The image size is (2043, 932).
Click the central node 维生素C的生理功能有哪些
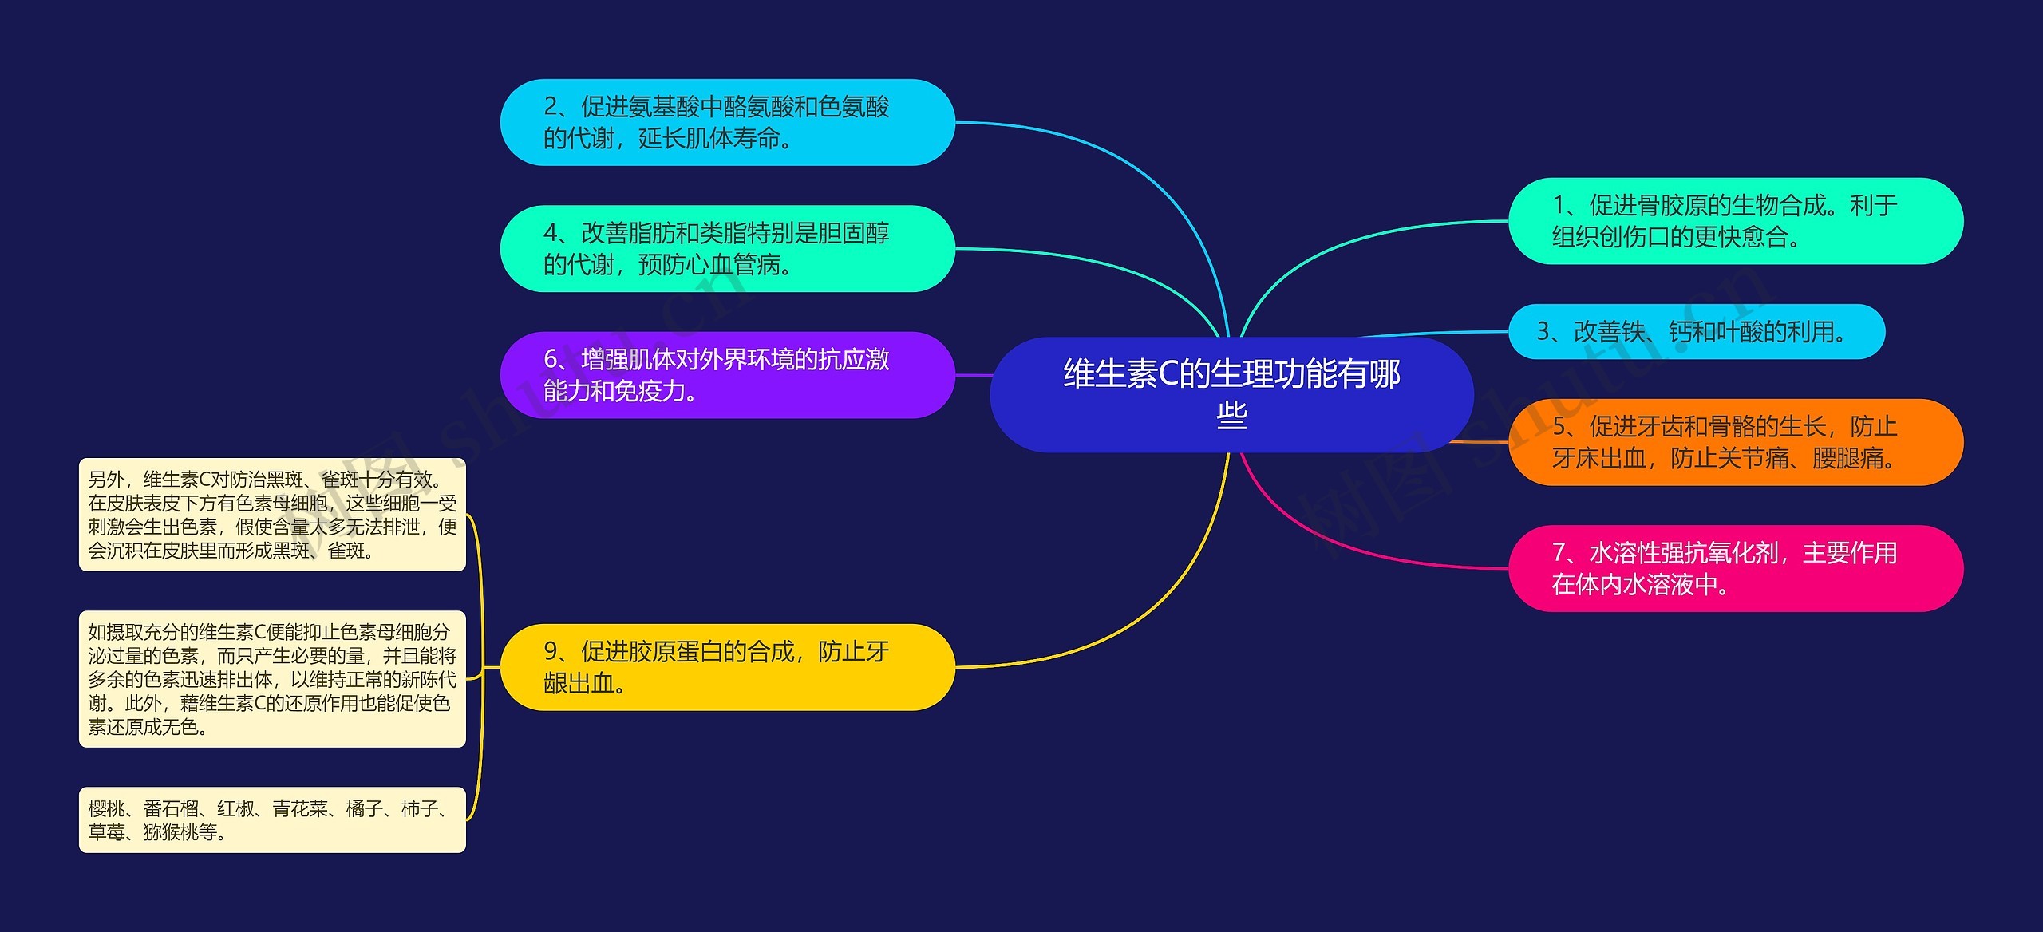[1231, 394]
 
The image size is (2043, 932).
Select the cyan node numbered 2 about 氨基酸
[727, 122]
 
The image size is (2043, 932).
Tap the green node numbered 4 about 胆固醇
[727, 248]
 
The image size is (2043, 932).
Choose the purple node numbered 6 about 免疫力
[727, 375]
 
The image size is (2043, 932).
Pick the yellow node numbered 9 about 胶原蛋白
[727, 667]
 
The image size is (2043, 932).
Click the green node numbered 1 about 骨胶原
[1735, 221]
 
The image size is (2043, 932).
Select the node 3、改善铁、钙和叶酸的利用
[1696, 331]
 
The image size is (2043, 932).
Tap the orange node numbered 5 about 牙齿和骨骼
[1735, 442]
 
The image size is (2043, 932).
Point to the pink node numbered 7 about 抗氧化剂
[1735, 568]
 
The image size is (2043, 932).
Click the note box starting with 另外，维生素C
[272, 515]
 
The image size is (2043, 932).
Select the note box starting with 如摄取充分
[272, 679]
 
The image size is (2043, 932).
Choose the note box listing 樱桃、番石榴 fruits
[272, 820]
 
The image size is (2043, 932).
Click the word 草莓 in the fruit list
[106, 832]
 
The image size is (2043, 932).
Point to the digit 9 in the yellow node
[551, 652]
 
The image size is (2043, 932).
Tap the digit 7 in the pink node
[1559, 553]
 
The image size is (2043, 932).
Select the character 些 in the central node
[1231, 415]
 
